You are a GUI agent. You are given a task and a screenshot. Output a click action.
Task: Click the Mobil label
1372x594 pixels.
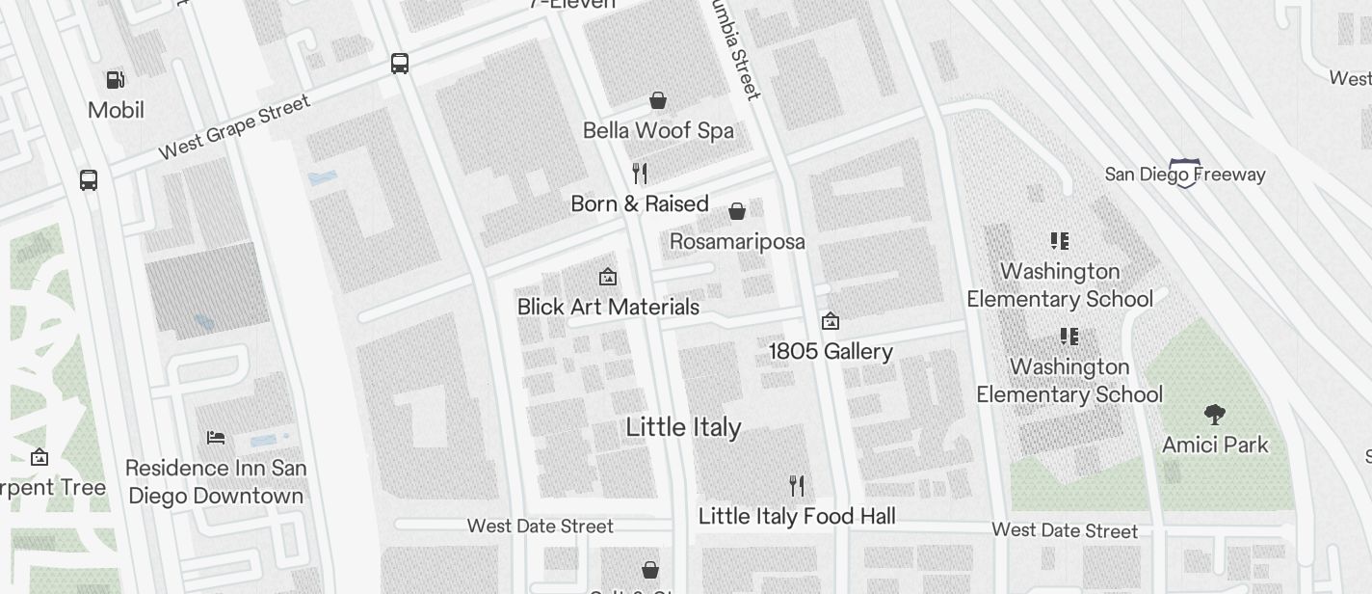coord(116,110)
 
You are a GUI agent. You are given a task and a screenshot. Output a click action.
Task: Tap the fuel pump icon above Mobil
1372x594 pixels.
coord(115,80)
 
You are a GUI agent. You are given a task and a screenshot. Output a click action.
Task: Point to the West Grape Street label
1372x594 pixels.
coord(234,126)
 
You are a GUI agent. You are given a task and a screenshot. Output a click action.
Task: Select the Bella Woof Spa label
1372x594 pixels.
coord(658,130)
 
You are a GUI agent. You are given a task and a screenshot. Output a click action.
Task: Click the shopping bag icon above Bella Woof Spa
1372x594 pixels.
coord(658,99)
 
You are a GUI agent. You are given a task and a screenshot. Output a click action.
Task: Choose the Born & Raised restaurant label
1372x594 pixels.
coord(640,203)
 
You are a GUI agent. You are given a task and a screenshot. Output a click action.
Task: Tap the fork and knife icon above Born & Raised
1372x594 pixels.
coord(640,174)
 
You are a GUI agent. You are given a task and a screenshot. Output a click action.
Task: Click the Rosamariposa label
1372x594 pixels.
coord(737,241)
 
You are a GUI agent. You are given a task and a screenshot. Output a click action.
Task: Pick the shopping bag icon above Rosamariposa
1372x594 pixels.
coord(737,211)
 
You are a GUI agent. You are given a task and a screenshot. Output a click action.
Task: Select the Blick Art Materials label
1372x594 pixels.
coord(608,307)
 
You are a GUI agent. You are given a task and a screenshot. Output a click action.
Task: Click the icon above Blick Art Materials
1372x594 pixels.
coord(608,278)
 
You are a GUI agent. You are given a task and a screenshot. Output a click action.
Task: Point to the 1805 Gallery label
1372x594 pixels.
coord(831,351)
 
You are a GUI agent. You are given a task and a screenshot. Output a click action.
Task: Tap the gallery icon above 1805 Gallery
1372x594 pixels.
coord(830,321)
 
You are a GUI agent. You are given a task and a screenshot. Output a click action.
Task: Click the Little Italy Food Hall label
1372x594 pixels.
coord(797,516)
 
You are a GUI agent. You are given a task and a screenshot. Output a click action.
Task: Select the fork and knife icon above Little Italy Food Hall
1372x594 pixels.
coord(797,485)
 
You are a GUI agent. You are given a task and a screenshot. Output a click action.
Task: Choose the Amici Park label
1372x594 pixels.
coord(1215,445)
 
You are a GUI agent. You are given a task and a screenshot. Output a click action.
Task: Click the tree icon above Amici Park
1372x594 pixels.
coord(1215,415)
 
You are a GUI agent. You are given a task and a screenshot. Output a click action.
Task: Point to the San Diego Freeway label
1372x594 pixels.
coord(1184,175)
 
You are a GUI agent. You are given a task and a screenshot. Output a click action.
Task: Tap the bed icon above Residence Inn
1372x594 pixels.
coord(216,438)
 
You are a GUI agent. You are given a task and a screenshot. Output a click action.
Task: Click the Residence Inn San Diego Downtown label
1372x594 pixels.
coord(216,482)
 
